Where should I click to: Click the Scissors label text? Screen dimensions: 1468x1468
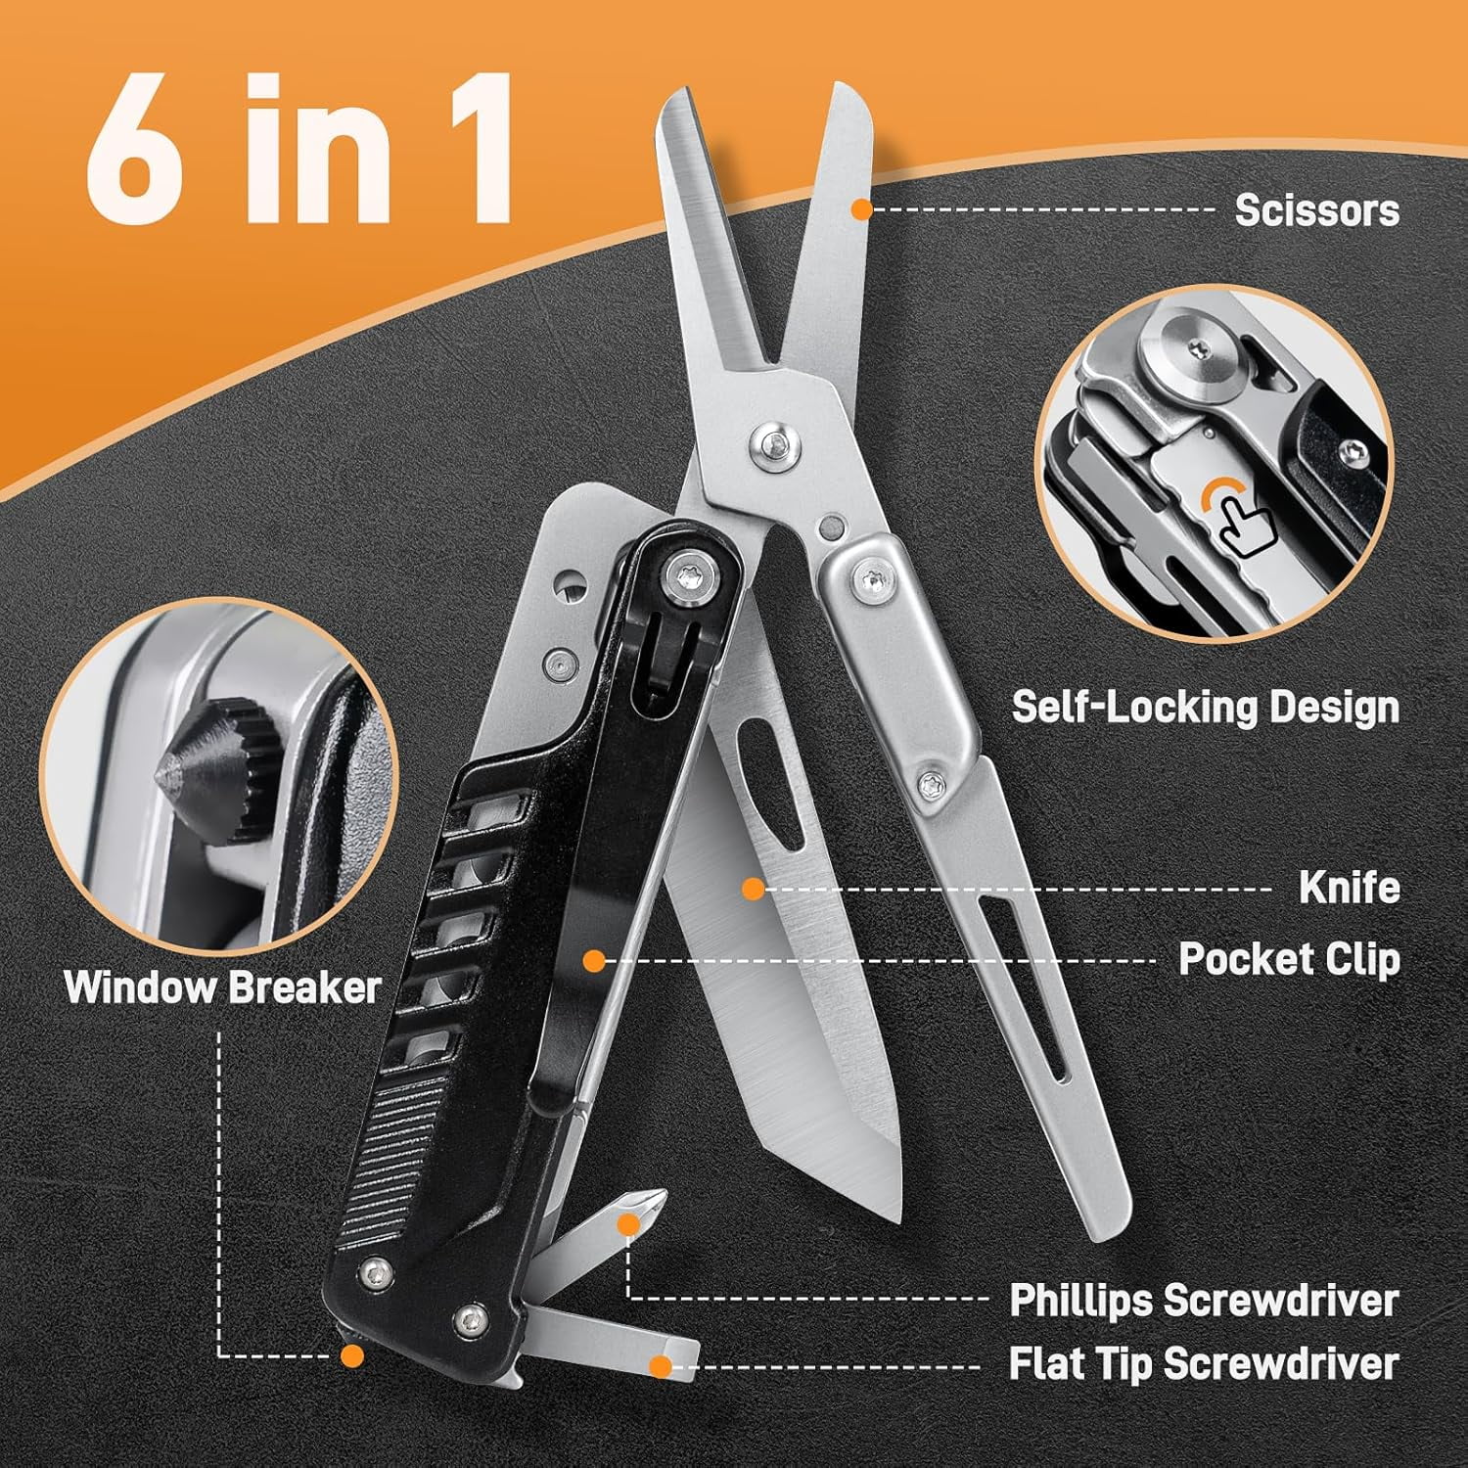tap(1316, 210)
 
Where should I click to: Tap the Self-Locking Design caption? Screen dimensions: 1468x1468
tap(1205, 707)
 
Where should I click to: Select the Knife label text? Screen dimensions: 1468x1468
tap(1349, 888)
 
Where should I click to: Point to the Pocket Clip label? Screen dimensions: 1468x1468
tap(1288, 959)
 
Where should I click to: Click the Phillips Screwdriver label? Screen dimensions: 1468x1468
tap(1203, 1301)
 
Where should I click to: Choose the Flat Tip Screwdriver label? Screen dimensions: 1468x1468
tap(1203, 1363)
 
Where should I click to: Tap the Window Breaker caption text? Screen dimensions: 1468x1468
tap(222, 986)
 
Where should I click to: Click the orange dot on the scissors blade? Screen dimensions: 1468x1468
tap(861, 208)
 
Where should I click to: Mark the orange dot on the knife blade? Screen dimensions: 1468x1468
tap(752, 889)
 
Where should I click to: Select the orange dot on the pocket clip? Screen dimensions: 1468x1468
tap(593, 960)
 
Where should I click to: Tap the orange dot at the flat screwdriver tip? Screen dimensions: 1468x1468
tap(662, 1364)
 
